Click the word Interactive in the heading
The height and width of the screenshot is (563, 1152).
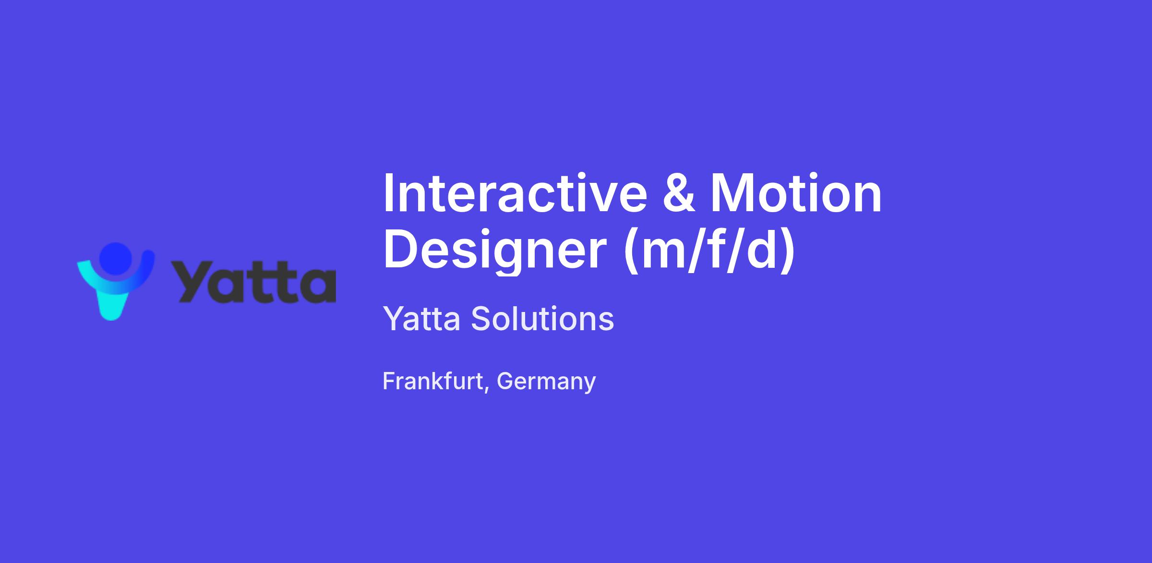click(x=515, y=193)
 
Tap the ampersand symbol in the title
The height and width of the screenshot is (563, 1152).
click(x=679, y=193)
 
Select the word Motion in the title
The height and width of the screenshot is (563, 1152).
click(x=796, y=193)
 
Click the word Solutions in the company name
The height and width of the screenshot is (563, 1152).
click(x=542, y=318)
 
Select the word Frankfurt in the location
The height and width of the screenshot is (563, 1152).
click(x=433, y=381)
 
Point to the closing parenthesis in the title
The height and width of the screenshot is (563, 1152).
click(x=788, y=251)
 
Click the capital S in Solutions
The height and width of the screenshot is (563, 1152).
click(x=481, y=319)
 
